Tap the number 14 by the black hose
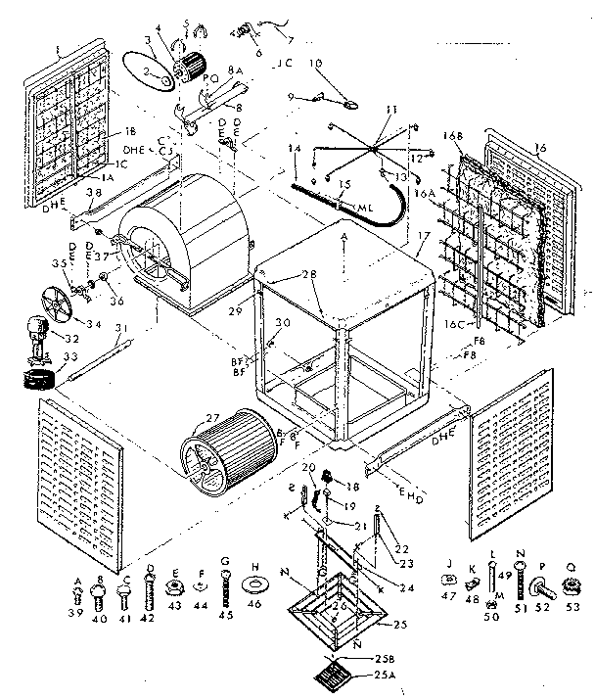point(292,148)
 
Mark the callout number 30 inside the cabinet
point(283,324)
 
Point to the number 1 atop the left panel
point(58,49)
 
